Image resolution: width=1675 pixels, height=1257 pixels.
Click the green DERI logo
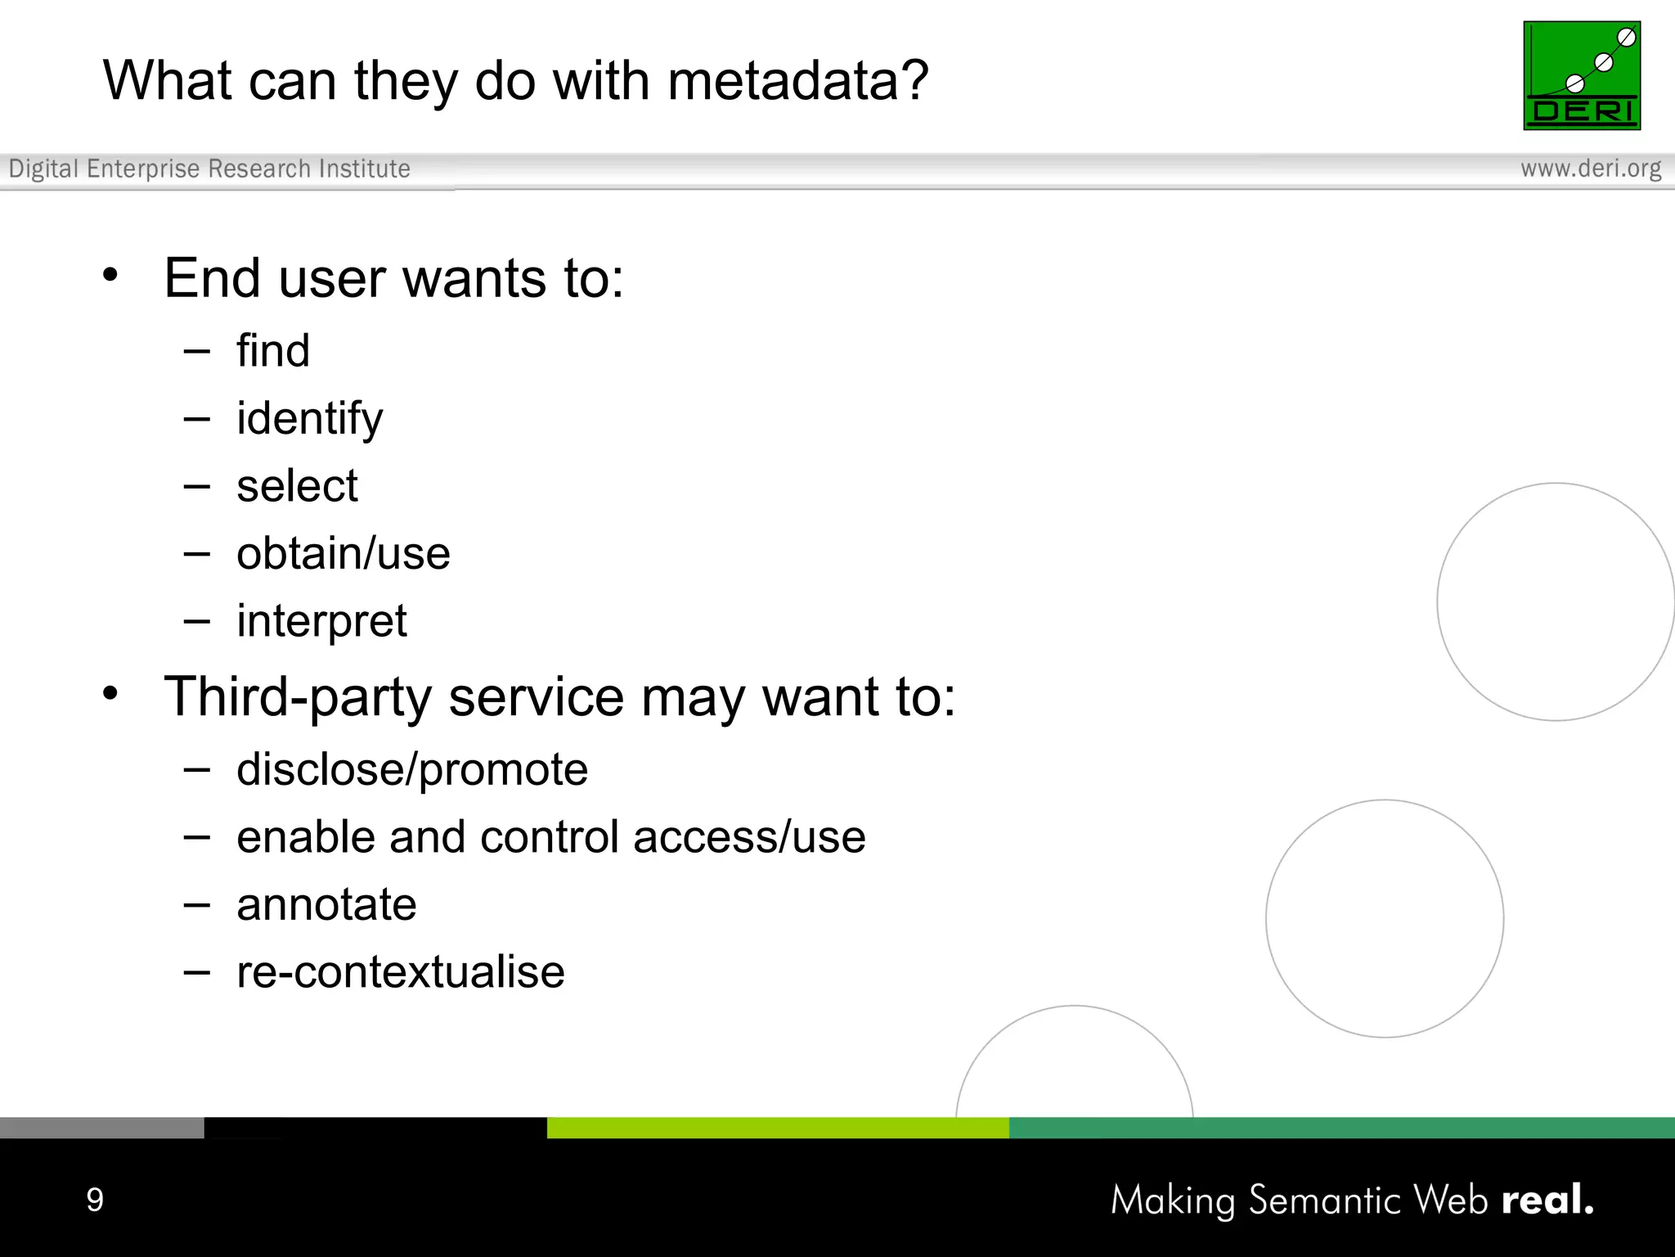1582,75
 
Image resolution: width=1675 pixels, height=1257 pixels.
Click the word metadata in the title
797,81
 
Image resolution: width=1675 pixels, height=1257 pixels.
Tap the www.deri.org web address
1591,169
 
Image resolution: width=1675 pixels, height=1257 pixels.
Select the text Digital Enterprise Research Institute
209,169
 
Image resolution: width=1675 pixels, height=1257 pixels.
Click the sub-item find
273,351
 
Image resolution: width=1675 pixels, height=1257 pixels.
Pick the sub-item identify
309,419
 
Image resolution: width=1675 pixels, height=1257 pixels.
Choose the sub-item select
297,486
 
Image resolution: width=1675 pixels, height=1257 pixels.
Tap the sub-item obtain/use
344,554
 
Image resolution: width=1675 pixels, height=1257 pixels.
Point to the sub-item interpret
321,621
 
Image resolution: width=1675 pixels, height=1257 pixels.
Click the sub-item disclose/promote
412,770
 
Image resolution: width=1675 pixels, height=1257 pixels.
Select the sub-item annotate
326,905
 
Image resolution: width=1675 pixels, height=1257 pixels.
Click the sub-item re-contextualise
401,972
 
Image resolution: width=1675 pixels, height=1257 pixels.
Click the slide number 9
95,1200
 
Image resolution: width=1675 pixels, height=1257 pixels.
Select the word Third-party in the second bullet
298,698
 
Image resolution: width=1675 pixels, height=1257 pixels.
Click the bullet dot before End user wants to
110,275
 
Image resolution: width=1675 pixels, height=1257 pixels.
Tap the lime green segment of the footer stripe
777,1128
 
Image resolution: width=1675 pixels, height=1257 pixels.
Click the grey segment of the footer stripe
101,1128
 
